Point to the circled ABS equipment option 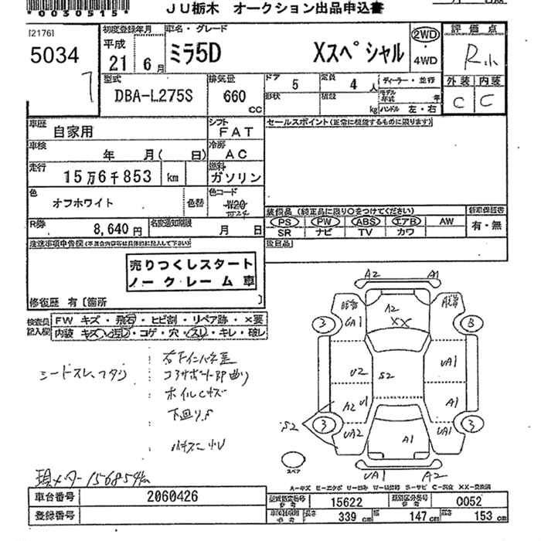click(x=366, y=221)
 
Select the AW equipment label click(x=447, y=221)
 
